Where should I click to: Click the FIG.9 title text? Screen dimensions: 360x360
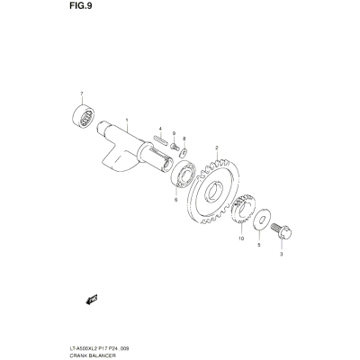81,6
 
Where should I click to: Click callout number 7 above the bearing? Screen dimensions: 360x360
82,94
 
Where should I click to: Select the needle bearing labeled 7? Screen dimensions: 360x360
84,115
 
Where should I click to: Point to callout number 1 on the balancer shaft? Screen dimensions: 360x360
127,121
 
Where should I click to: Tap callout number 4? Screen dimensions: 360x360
160,129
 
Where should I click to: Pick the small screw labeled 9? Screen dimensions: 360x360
175,147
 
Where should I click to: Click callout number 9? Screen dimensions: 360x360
174,133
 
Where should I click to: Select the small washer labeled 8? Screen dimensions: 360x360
183,153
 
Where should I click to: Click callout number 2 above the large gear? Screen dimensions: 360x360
216,148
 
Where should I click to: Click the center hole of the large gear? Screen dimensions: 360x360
214,192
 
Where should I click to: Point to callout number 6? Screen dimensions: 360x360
175,200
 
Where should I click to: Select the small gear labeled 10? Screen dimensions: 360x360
243,209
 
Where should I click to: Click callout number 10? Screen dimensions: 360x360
241,238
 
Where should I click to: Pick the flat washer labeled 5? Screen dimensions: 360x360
262,220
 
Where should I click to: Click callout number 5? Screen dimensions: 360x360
259,245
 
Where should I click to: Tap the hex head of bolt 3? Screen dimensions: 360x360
285,233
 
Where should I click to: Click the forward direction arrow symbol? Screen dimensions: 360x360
92,300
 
